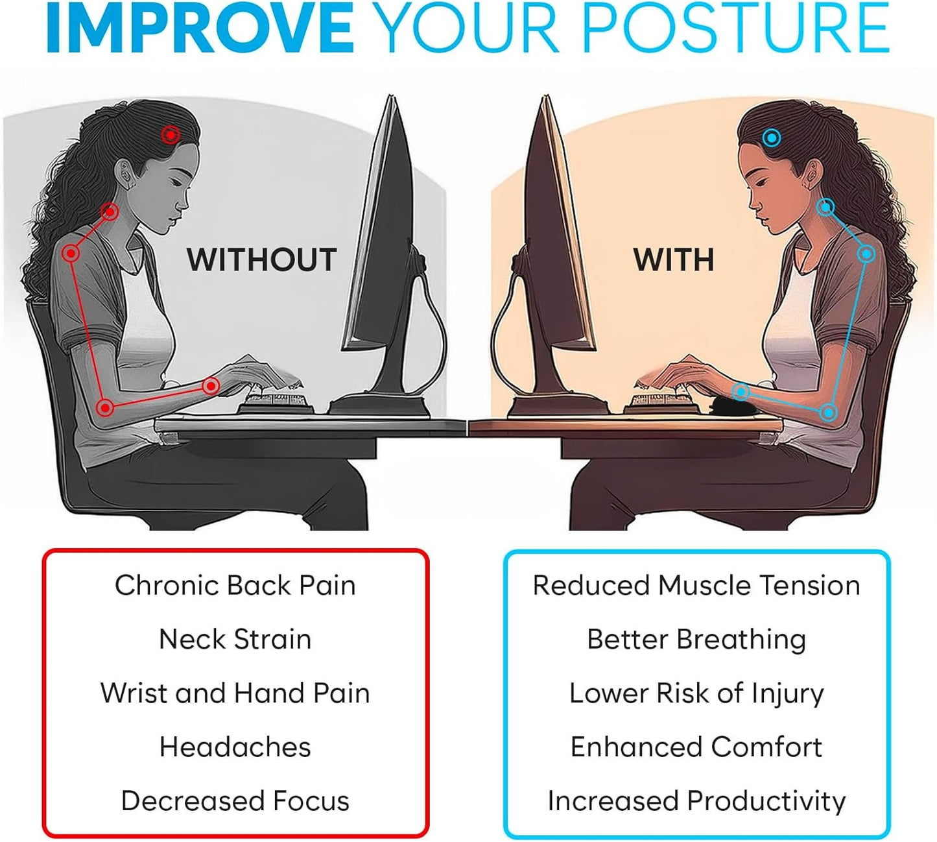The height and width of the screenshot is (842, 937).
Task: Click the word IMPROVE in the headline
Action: (x=200, y=29)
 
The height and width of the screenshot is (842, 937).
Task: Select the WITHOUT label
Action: (x=261, y=260)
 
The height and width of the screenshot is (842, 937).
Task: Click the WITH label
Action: (x=674, y=260)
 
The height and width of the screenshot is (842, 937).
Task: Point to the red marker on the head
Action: (x=171, y=135)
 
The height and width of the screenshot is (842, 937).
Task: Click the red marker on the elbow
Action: (x=105, y=408)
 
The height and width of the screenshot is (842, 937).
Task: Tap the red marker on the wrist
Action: (x=210, y=387)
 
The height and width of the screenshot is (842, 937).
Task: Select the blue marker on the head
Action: (x=771, y=138)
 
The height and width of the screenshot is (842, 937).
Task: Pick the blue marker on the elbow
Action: (x=828, y=412)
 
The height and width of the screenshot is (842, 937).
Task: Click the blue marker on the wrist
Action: (x=741, y=391)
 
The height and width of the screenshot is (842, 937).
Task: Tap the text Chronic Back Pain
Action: (x=235, y=585)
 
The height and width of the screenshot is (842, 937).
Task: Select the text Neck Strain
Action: (x=235, y=639)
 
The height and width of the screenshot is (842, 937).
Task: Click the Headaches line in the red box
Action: (x=235, y=747)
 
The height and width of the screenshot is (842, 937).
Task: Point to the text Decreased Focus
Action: (x=235, y=800)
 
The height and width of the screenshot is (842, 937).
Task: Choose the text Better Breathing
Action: (x=696, y=639)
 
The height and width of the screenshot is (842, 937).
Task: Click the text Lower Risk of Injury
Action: (x=696, y=693)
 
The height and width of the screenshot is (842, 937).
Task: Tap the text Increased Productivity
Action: (x=696, y=800)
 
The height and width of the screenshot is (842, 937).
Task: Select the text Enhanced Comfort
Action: (x=696, y=747)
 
